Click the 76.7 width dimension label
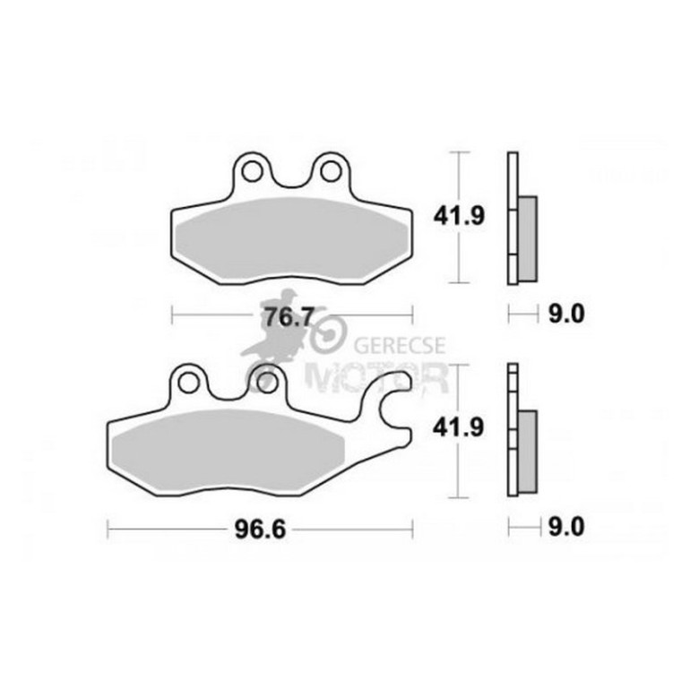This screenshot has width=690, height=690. point(289,317)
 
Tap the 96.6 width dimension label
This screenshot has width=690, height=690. point(260,530)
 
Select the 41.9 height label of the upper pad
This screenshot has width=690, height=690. point(459,217)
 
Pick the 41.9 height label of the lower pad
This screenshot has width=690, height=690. point(458,427)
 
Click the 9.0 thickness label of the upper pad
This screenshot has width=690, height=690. point(566,315)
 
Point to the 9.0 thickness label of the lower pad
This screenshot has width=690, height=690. point(566,527)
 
